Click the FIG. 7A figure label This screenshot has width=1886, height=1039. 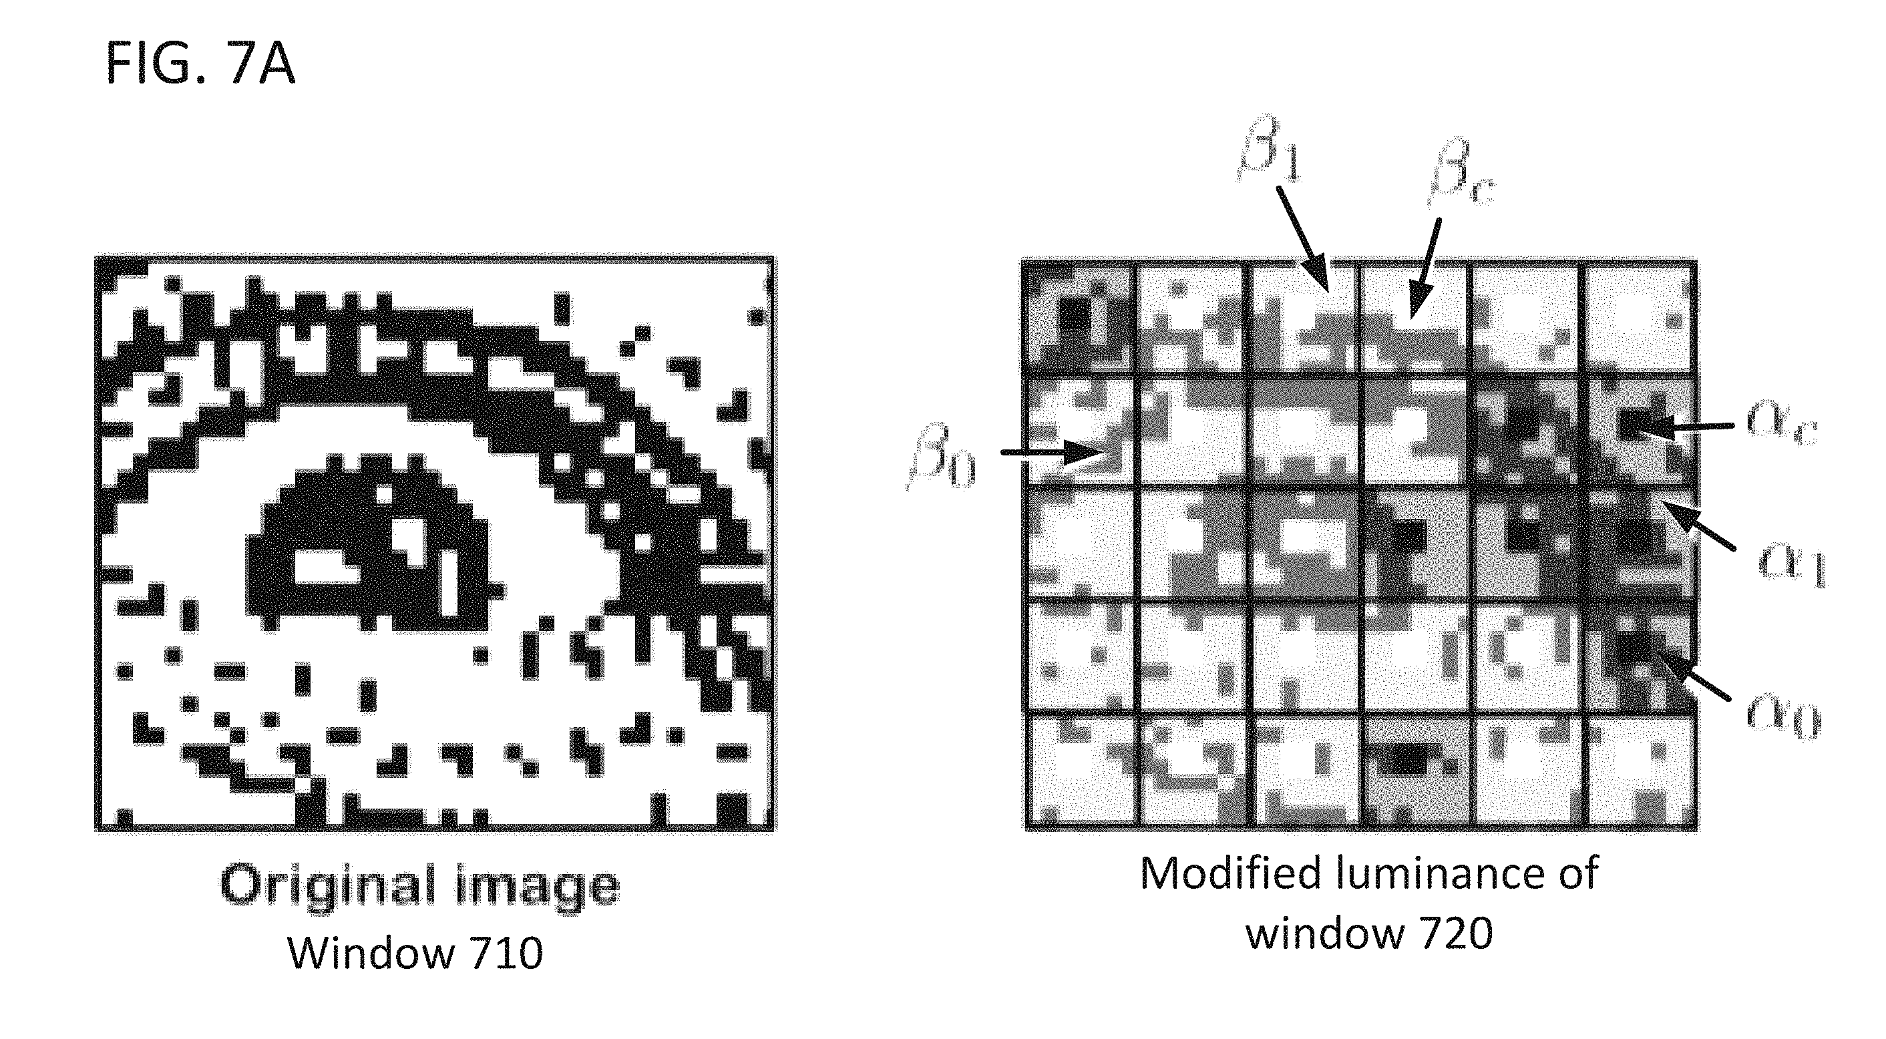point(200,63)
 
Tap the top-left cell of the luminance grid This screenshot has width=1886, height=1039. point(1079,317)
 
